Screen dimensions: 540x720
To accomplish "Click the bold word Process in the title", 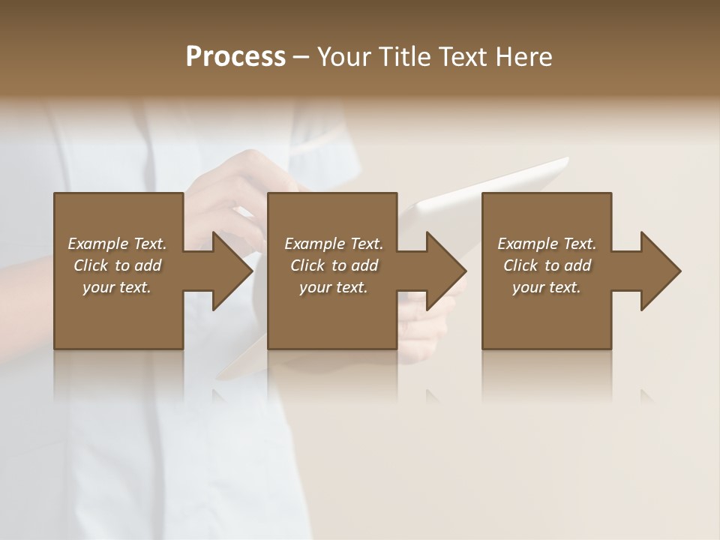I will point(235,57).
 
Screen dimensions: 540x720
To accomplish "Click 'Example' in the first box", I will point(97,244).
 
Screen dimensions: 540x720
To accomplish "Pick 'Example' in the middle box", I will point(314,244).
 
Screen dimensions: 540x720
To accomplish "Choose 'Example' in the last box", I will point(527,244).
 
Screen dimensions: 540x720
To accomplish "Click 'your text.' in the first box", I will point(117,287).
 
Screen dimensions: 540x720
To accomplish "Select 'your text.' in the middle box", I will point(334,287).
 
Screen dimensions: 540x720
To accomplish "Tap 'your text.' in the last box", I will point(547,287).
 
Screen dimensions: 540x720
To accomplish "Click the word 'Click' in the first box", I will point(90,265).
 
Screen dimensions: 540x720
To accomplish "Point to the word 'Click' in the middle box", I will point(307,265).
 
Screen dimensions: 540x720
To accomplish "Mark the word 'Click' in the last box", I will point(520,265).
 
